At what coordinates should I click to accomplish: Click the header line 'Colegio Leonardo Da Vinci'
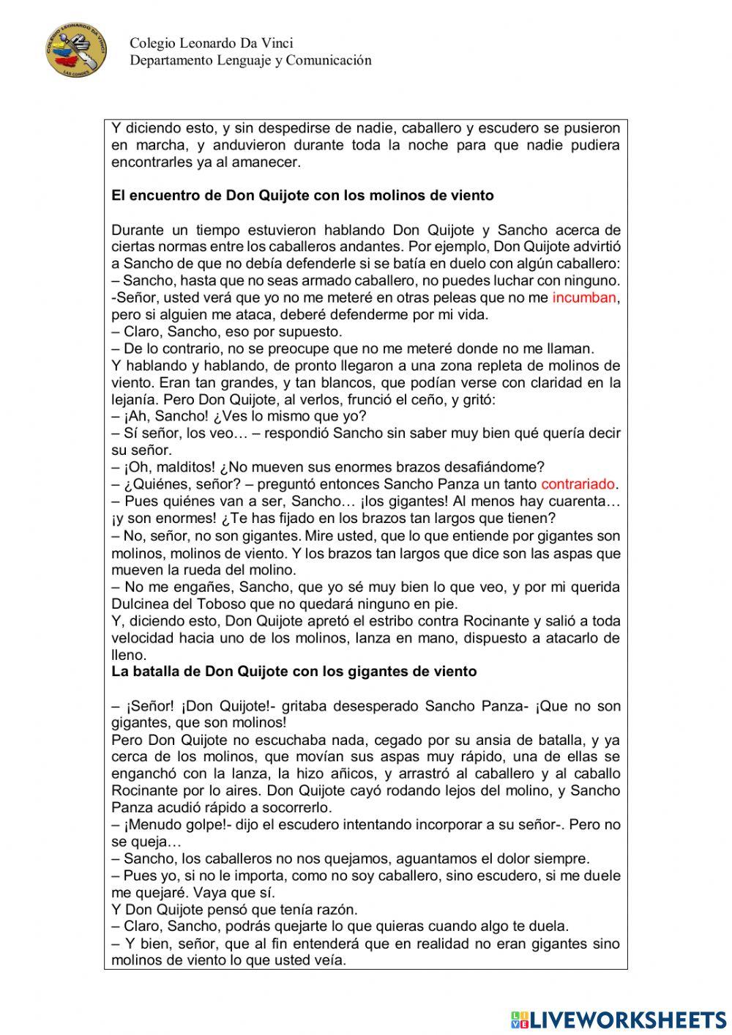[x=212, y=44]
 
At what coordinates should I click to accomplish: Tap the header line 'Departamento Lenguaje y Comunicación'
[x=250, y=60]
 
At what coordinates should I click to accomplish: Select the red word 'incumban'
[x=584, y=297]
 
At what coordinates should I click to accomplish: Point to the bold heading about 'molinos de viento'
[x=302, y=196]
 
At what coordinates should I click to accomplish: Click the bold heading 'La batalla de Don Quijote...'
[x=294, y=671]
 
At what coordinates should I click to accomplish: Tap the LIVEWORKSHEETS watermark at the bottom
[x=619, y=1019]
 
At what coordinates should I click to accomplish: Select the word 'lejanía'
[x=133, y=400]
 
